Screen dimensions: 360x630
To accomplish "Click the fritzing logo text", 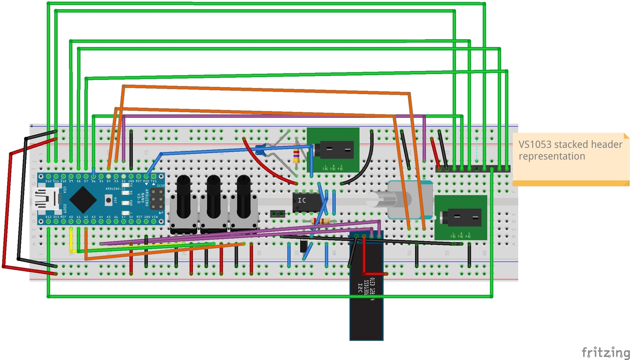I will (605, 352).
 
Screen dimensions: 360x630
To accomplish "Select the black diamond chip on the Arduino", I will (83, 200).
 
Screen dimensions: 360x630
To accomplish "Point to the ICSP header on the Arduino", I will (157, 199).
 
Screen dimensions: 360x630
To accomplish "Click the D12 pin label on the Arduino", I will (49, 181).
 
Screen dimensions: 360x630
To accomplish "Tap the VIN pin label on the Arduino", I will (155, 217).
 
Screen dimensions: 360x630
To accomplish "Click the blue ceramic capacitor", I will (261, 149).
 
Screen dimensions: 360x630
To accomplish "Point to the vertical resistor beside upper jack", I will (296, 156).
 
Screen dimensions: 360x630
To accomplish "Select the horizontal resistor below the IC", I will (321, 221).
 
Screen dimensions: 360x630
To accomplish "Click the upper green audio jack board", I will (333, 150).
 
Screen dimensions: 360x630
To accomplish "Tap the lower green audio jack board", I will (460, 218).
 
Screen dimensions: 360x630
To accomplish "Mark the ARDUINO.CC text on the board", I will (115, 189).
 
